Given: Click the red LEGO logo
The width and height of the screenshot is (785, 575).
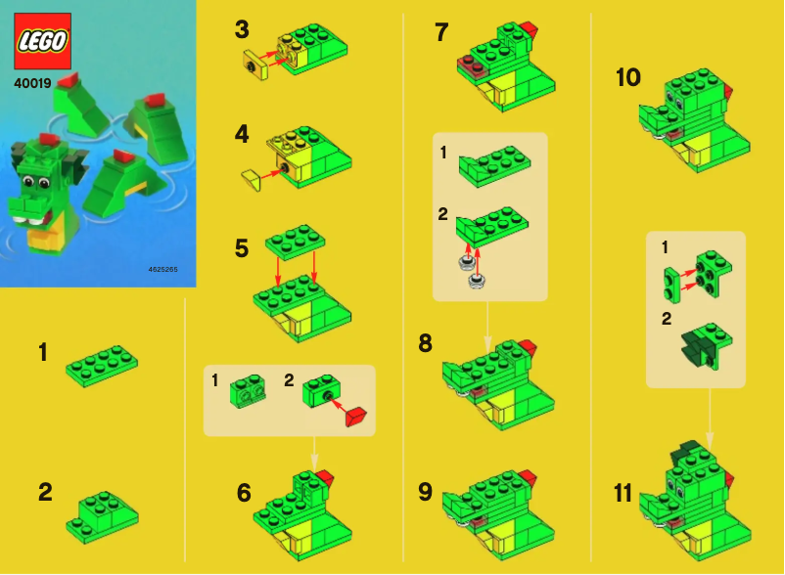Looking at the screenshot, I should [x=42, y=42].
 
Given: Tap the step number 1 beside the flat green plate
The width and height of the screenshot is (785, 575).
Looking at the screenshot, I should [x=42, y=352].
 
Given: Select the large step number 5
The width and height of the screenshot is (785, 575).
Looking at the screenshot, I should [x=242, y=248].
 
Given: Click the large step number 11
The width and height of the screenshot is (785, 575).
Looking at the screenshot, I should [x=623, y=494].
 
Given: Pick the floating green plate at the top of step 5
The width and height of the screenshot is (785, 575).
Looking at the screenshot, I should [x=295, y=238].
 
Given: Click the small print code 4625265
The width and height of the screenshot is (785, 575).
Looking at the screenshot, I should [x=164, y=268].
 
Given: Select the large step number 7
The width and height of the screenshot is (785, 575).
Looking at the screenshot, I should [x=441, y=32].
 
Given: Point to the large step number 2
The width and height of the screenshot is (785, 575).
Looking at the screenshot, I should [x=45, y=492].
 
